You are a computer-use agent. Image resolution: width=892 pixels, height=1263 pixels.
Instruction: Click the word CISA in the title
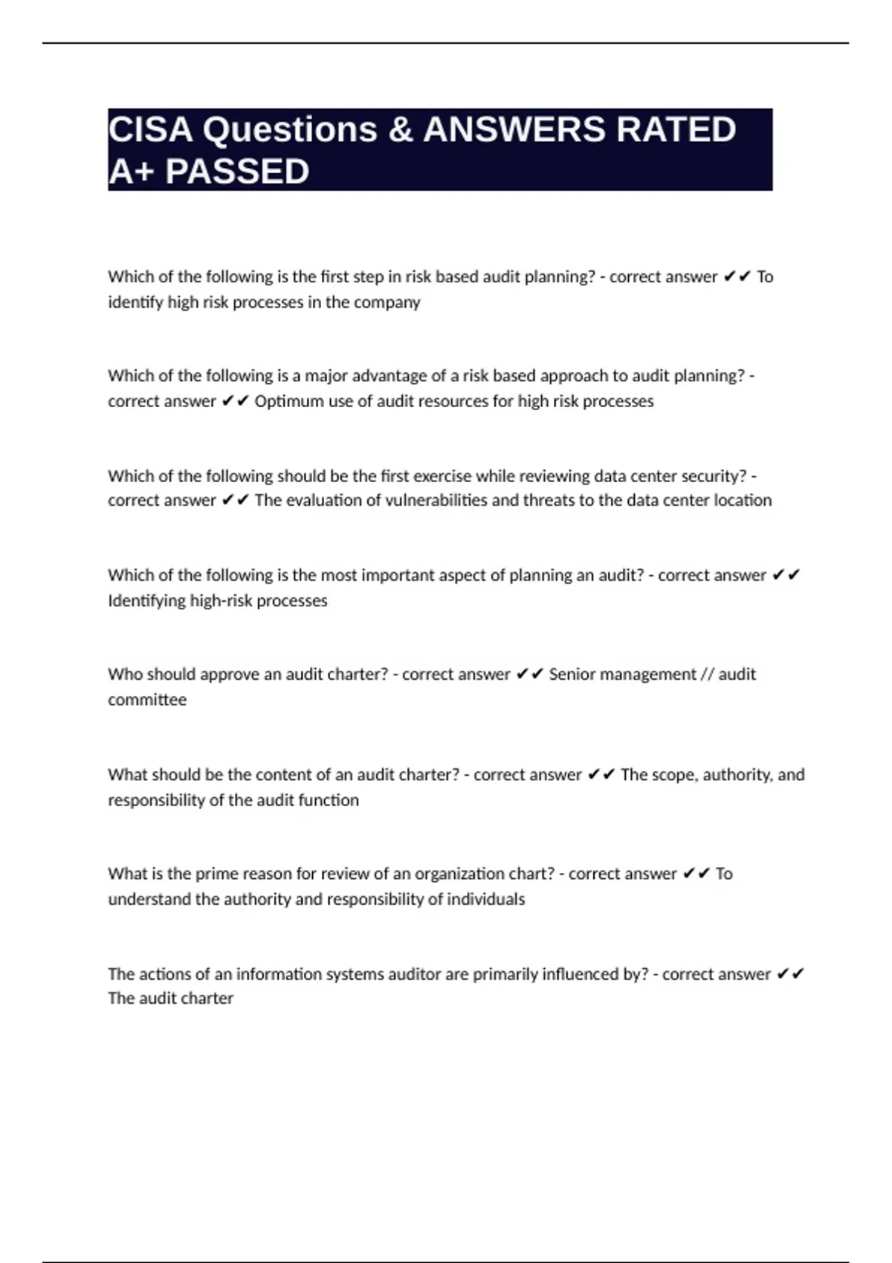pyautogui.click(x=150, y=129)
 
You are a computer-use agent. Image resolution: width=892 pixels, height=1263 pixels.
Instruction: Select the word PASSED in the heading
pyautogui.click(x=237, y=172)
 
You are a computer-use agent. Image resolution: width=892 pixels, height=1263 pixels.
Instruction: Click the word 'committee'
pyautogui.click(x=147, y=700)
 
